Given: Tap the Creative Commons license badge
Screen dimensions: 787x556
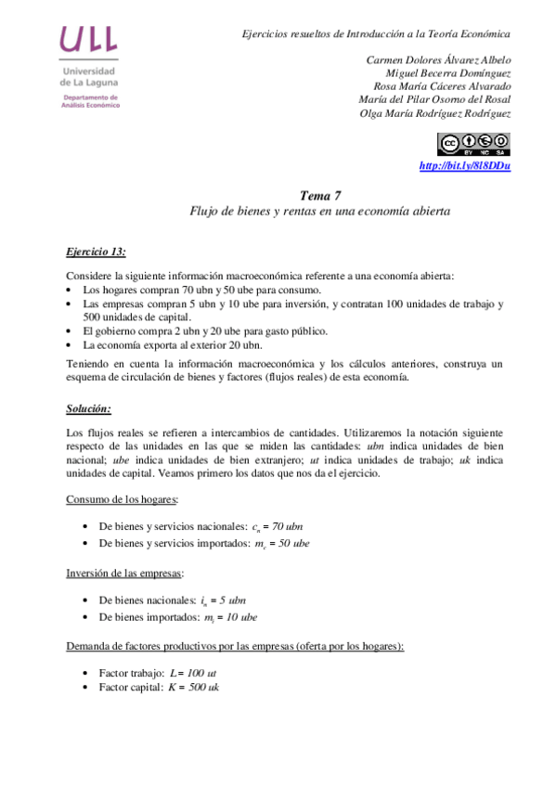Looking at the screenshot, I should point(473,143).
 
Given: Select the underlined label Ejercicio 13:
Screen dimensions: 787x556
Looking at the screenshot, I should point(96,252).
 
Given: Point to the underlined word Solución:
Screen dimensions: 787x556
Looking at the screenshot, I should point(90,408).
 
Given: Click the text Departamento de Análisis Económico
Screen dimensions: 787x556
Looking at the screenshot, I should point(90,101).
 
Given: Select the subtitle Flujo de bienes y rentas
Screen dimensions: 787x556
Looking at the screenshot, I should point(319,211).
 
